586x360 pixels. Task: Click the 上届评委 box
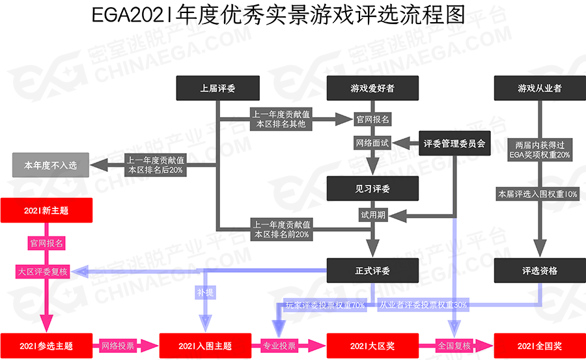[x=217, y=88]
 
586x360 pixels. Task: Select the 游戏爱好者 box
[x=372, y=88]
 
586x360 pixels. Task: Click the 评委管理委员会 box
[x=454, y=144]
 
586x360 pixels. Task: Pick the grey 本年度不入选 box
[x=50, y=165]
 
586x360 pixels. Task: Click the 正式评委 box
[x=372, y=270]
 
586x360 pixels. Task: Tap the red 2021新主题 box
[x=46, y=211]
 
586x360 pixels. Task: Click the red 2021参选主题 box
[x=46, y=346]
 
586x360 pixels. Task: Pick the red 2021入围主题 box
[x=205, y=346]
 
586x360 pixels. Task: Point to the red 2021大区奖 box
[x=372, y=346]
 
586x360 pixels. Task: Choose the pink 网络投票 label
[x=117, y=346]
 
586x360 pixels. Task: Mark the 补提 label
[x=205, y=293]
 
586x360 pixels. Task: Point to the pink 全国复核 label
[x=454, y=346]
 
